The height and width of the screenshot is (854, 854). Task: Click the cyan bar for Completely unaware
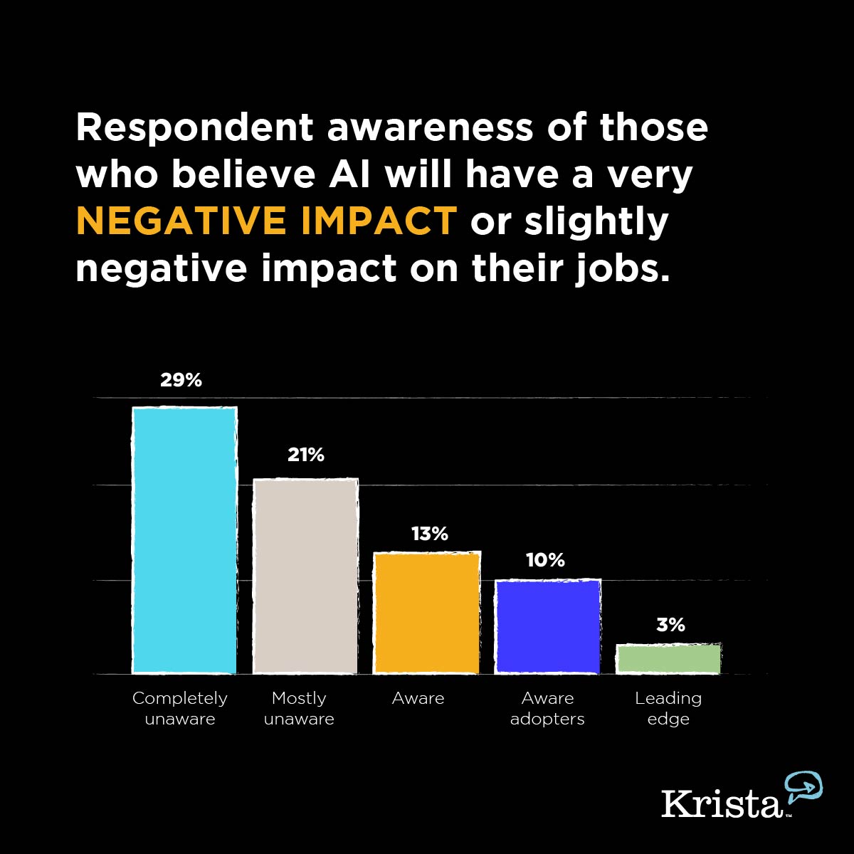184,541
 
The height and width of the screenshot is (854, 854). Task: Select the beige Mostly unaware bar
305,576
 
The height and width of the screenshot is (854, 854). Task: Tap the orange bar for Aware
426,613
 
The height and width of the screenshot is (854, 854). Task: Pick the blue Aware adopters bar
547,626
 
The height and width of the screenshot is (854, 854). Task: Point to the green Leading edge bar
668,659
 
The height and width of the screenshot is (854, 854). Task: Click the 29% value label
181,380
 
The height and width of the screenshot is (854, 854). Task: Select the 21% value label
306,455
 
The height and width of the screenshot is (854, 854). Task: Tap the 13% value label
429,534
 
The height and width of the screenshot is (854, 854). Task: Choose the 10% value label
545,561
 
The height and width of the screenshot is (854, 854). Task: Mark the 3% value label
670,625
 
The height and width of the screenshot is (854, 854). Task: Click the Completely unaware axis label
180,708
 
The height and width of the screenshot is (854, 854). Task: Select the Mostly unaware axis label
299,708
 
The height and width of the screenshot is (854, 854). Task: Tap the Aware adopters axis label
547,708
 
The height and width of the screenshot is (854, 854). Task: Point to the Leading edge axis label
668,708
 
